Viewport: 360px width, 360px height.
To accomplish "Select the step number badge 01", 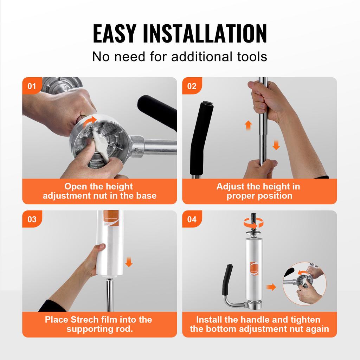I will tap(32, 86).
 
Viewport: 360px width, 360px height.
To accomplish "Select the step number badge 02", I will tap(192, 86).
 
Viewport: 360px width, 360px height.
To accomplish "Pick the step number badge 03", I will tap(32, 219).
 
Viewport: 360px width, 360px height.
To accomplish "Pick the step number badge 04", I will tap(192, 219).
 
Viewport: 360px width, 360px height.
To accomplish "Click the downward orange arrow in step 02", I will tap(276, 144).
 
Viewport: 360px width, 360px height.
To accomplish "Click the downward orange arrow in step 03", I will tap(129, 262).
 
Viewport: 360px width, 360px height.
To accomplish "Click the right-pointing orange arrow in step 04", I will tap(271, 287).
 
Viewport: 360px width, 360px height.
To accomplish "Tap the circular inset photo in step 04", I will tap(304, 283).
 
